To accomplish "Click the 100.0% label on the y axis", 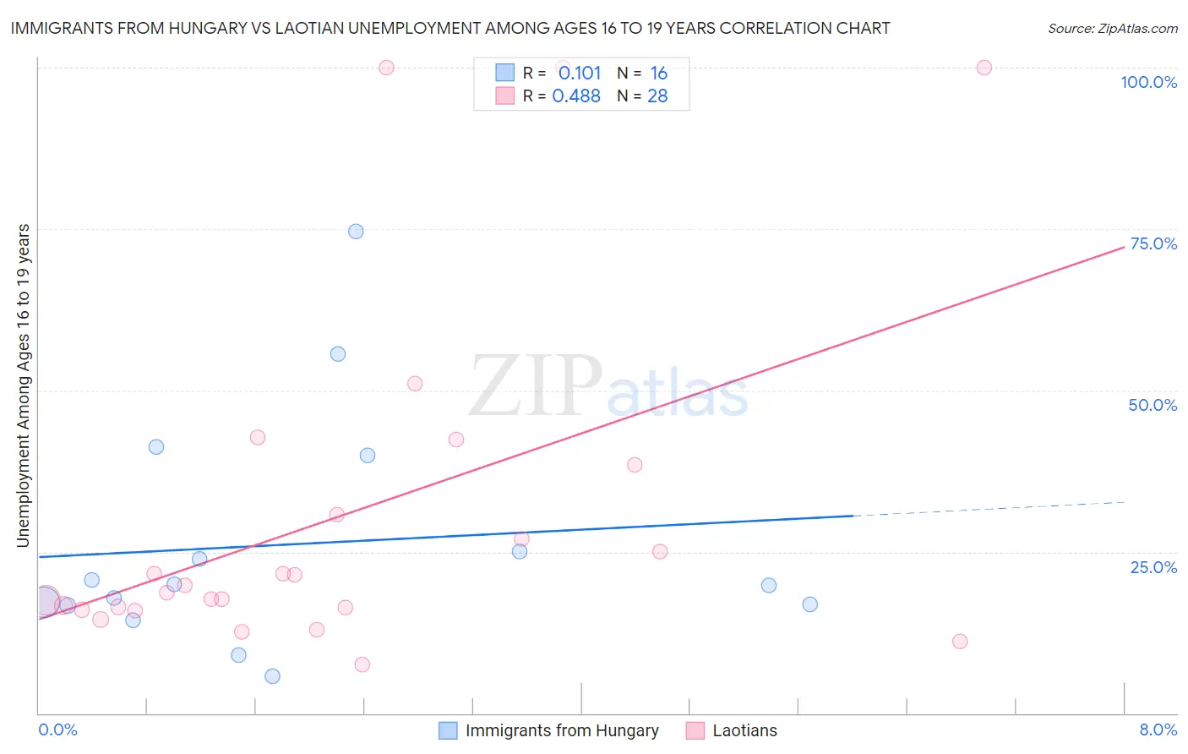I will pos(1148,82).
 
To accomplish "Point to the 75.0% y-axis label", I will pos(1153,243).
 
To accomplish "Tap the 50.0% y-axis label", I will pos(1153,405).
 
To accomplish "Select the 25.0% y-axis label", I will pos(1153,566).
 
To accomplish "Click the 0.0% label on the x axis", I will pos(57,729).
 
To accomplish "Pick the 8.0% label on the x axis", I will pos(1158,729).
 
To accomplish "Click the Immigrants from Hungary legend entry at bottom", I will pos(561,730).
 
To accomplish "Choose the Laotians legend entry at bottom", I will pos(744,730).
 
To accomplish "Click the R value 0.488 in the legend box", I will pos(576,96).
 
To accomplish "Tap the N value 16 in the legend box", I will pos(659,74).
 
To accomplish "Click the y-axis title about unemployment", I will pos(23,385).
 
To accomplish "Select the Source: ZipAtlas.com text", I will pos(1112,29).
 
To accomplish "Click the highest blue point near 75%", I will pos(356,232).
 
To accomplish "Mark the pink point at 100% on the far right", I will pos(984,68).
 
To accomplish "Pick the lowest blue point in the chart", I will pos(272,676).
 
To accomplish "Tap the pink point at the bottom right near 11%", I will pos(959,642).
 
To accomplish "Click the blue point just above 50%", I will pos(338,354).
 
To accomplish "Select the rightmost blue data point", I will pos(809,604).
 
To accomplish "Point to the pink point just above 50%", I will pos(414,384).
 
